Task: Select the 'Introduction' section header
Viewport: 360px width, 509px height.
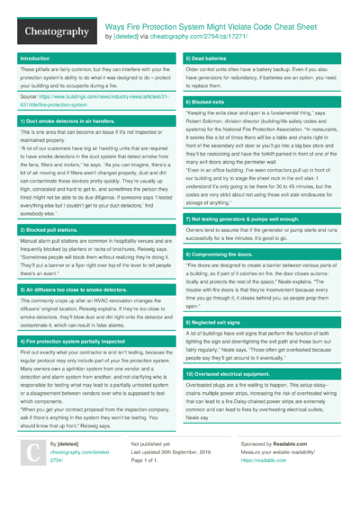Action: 36,58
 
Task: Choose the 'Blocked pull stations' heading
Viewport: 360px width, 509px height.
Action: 47,230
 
